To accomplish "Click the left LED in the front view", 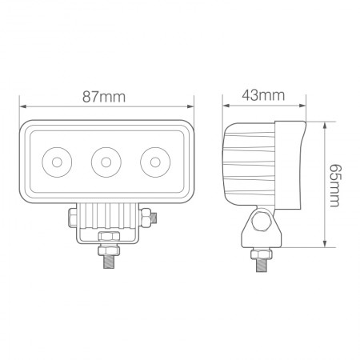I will pyautogui.click(x=58, y=162).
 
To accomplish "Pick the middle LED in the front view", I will pyautogui.click(x=105, y=162).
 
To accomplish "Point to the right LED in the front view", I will pyautogui.click(x=152, y=162).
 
